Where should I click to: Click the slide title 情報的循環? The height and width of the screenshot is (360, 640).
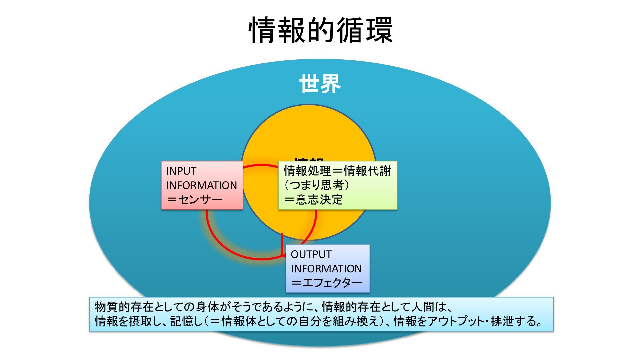(321, 30)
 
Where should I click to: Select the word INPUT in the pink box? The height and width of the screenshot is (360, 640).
(181, 171)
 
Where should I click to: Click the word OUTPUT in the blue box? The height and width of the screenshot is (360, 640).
(311, 254)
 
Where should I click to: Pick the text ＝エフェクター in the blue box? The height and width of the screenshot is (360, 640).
(327, 283)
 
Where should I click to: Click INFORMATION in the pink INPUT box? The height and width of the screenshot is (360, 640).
(201, 185)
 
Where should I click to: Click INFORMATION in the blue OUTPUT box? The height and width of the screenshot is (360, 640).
(326, 269)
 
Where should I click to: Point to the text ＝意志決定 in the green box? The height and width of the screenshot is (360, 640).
(313, 200)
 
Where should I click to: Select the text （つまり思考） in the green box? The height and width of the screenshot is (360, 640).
(316, 185)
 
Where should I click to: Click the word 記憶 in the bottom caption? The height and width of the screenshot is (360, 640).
(182, 321)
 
